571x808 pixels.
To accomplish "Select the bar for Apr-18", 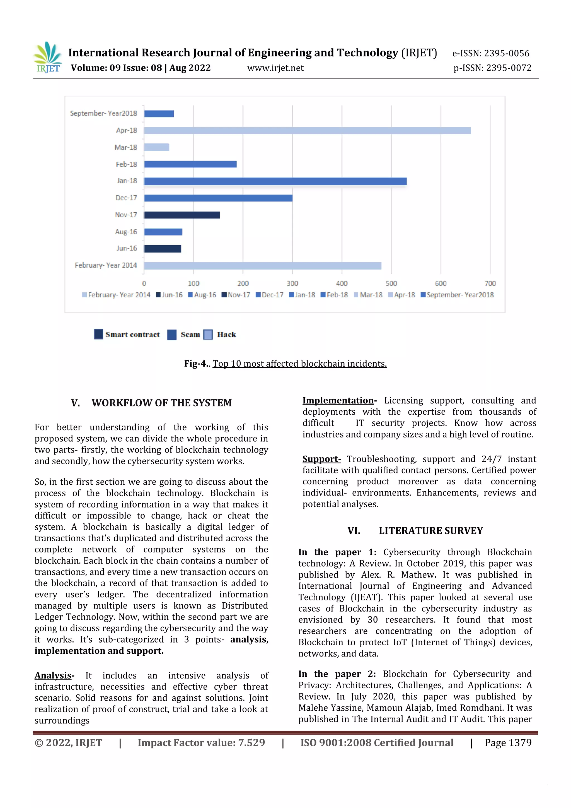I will point(307,131).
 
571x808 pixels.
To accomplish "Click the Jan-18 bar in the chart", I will point(275,181).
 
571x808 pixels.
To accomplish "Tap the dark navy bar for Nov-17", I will point(182,215).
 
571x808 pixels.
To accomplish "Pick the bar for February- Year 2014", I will point(262,266).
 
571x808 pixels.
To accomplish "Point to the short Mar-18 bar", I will point(156,147).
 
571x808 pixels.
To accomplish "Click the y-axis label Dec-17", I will point(126,198).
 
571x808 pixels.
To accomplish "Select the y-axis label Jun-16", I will point(127,248).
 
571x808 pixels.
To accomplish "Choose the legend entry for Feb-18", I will point(334,295).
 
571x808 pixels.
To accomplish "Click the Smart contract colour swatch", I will point(98,334).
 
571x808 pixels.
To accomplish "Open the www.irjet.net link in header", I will point(275,68).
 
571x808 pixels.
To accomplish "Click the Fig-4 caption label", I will point(197,364).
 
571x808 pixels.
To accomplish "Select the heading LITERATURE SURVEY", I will point(431,531).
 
